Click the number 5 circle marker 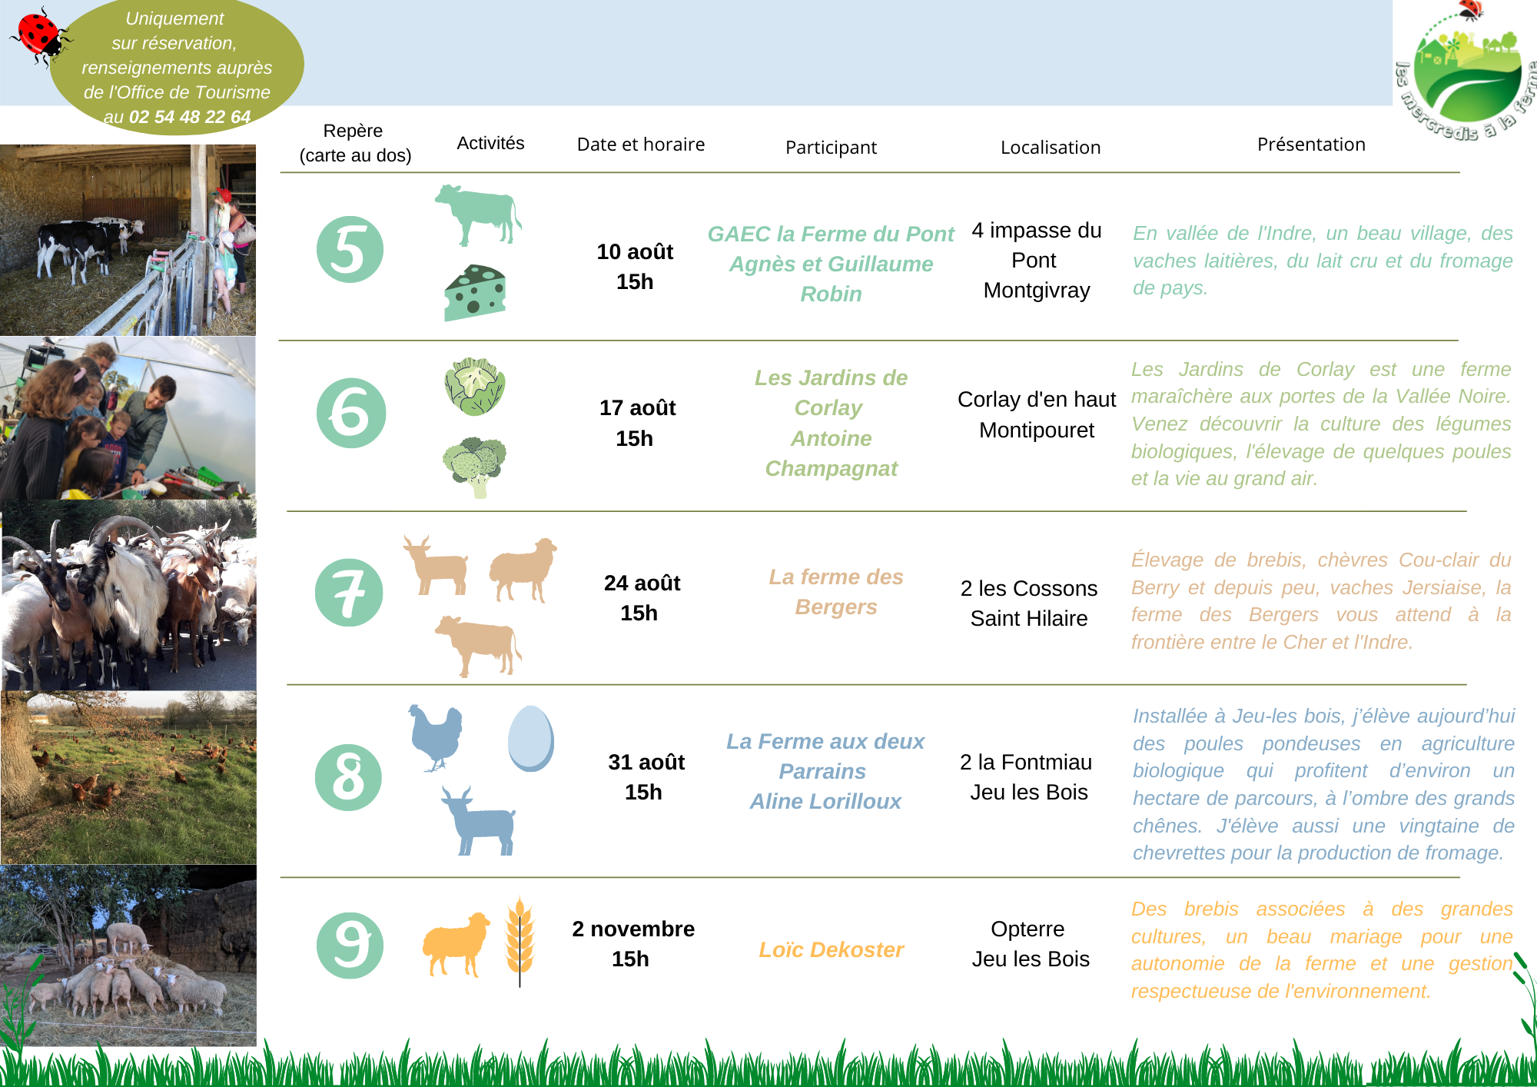point(350,250)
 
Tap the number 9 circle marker point(350,946)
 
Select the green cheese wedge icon point(475,293)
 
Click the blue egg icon point(530,738)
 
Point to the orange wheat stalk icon point(520,942)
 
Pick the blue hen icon point(436,737)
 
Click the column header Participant point(831,148)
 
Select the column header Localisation point(1051,148)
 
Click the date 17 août point(637,408)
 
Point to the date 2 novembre point(633,929)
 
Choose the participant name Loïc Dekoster point(831,950)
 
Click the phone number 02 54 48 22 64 point(190,117)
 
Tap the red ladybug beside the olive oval point(40,37)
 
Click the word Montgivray point(1037,291)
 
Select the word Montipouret point(1037,430)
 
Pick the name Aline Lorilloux point(825,802)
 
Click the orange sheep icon point(456,944)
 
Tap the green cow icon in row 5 point(478,214)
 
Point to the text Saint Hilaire point(1029,619)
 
